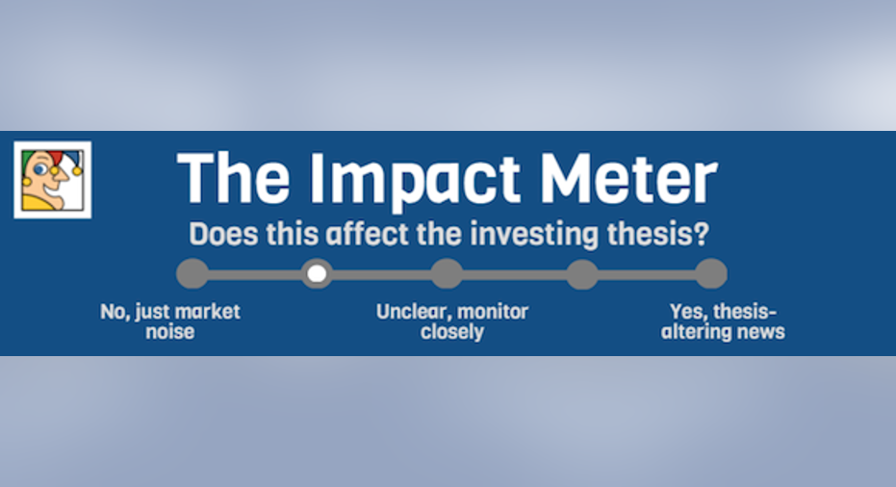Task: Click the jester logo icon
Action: pos(53,179)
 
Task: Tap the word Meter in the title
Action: pos(628,177)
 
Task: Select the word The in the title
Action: pos(234,177)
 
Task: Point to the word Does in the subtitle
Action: pos(223,234)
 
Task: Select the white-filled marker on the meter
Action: pos(318,273)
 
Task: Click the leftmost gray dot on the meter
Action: pos(192,273)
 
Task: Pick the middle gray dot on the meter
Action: pos(447,273)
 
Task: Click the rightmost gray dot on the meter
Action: pos(711,273)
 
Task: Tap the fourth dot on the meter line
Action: pos(582,273)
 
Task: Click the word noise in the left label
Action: pos(169,331)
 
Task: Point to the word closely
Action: pos(452,332)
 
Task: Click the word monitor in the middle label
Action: pos(493,312)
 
